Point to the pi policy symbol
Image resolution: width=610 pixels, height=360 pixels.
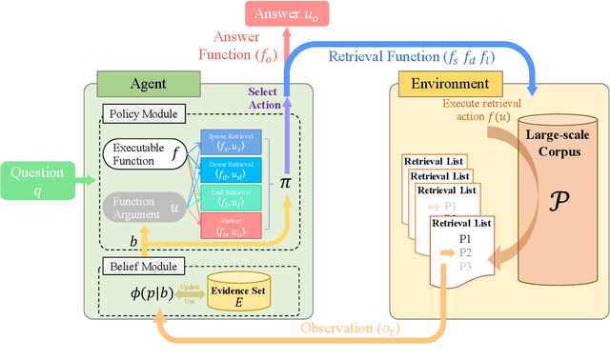pyautogui.click(x=283, y=182)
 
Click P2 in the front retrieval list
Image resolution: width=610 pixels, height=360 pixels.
pyautogui.click(x=465, y=252)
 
